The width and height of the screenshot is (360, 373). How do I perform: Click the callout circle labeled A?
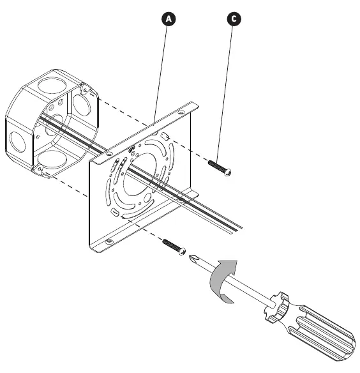[169, 19]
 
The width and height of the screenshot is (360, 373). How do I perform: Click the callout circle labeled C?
[234, 19]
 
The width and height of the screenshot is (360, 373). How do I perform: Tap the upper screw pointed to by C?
[220, 168]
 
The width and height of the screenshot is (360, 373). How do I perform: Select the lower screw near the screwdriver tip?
[174, 247]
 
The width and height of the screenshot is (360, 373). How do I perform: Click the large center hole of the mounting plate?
[140, 174]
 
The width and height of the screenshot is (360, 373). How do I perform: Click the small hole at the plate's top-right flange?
[181, 112]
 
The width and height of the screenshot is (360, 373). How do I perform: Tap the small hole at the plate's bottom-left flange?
[109, 241]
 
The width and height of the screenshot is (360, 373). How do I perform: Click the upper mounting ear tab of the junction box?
[86, 89]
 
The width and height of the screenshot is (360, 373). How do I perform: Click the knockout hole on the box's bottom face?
[48, 159]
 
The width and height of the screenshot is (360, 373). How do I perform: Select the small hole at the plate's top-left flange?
[109, 154]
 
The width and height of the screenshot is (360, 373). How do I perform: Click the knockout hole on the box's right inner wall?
[82, 105]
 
